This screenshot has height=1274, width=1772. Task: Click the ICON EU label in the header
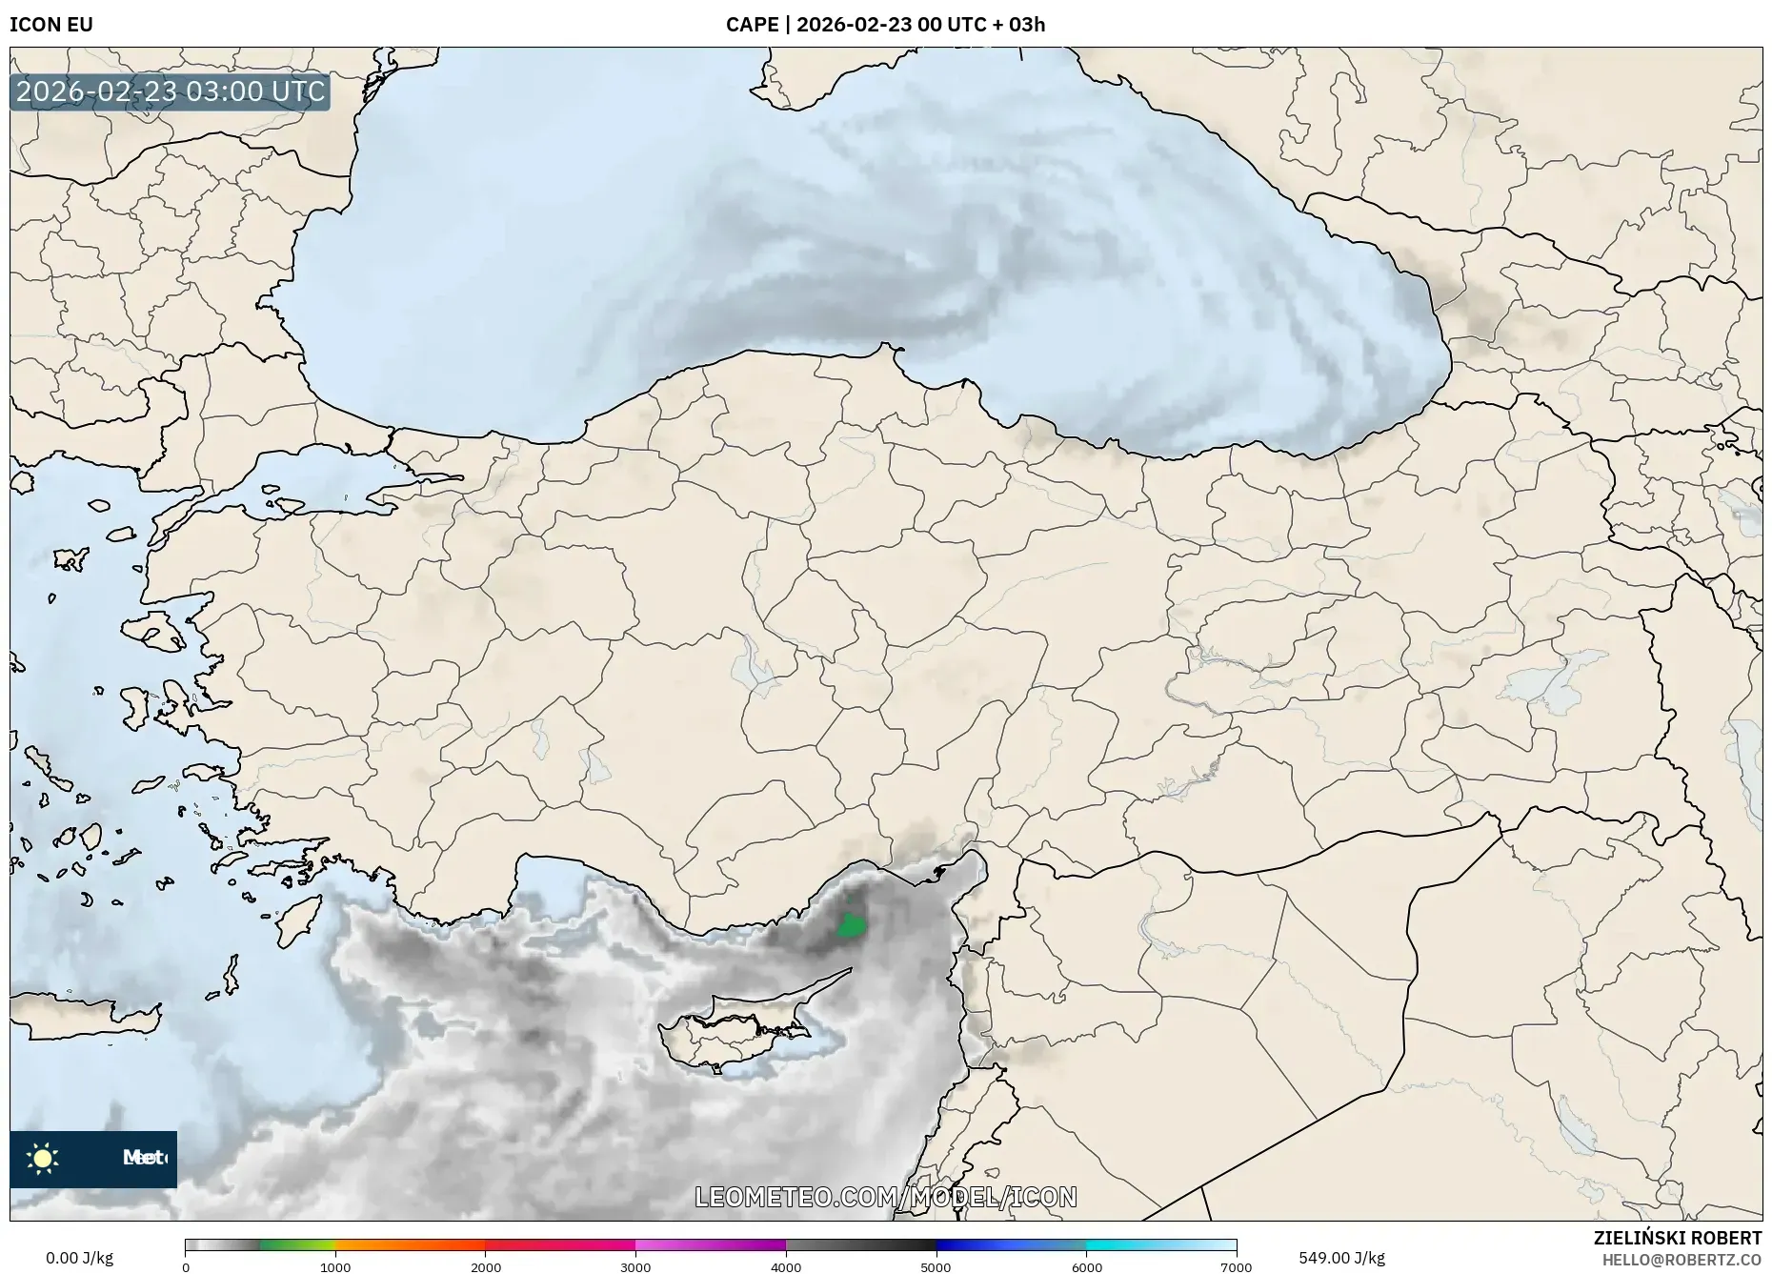pos(51,25)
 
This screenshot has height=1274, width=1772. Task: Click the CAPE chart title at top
pos(885,25)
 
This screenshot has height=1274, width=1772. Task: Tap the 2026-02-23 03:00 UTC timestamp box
pos(171,92)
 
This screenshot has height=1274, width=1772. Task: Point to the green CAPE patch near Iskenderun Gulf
pos(849,925)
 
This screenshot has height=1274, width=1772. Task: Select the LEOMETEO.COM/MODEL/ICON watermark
pos(886,1197)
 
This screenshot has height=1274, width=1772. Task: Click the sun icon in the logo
pos(43,1159)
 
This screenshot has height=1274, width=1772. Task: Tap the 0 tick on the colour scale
pos(186,1267)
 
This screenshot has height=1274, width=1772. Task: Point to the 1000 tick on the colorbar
pos(335,1267)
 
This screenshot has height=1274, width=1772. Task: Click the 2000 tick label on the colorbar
pos(486,1267)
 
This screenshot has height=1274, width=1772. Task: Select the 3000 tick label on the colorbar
pos(635,1267)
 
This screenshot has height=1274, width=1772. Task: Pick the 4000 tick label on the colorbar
pos(786,1267)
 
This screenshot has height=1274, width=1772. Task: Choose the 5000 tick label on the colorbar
pos(936,1267)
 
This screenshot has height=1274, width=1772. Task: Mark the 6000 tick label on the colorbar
pos(1086,1267)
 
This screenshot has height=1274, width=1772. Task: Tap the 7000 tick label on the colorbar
pos(1236,1267)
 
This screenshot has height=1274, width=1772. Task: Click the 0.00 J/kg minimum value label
pos(79,1258)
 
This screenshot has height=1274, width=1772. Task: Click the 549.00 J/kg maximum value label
pos(1341,1258)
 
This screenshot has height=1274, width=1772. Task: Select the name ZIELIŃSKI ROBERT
pos(1677,1238)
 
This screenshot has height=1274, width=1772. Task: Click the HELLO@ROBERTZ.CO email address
pos(1681,1260)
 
